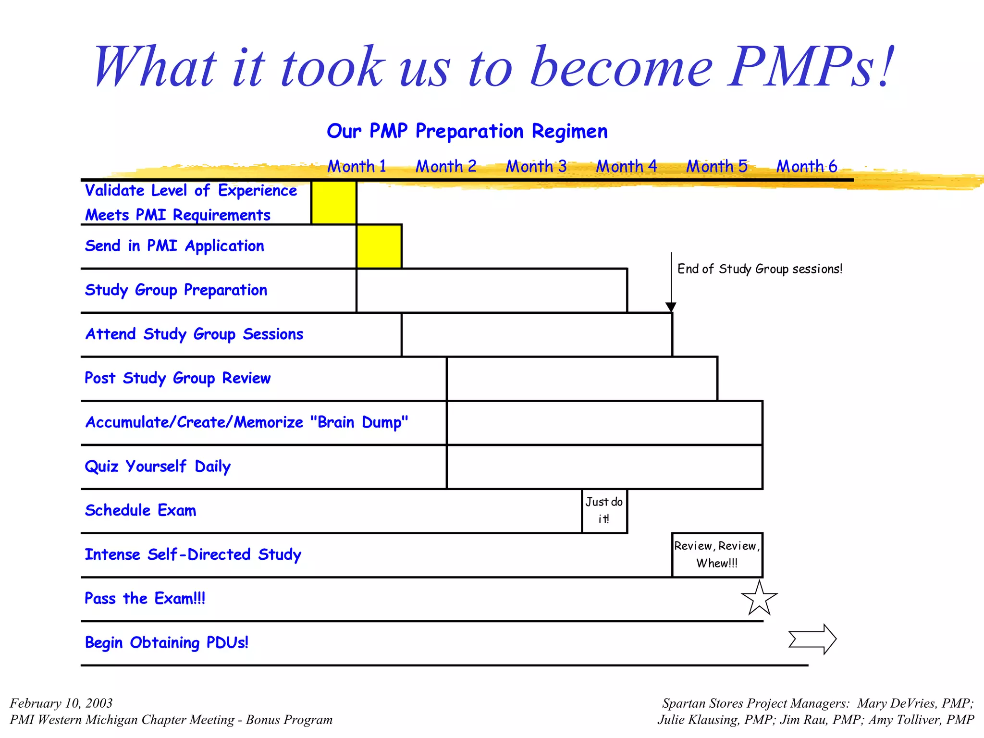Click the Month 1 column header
(357, 166)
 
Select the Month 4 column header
(626, 166)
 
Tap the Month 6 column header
(807, 166)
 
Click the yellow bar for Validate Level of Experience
(334, 202)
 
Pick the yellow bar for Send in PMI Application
(379, 246)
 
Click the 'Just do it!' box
(604, 511)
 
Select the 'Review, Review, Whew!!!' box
(717, 555)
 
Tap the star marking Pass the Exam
(759, 598)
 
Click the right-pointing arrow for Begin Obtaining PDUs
(812, 639)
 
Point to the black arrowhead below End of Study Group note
(671, 307)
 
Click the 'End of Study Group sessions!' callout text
(760, 269)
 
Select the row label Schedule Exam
(140, 510)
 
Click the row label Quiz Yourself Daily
(158, 466)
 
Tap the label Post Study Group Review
(177, 378)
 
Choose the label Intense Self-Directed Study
(193, 554)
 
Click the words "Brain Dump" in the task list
(359, 422)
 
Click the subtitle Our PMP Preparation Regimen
(467, 131)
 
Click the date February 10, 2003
(61, 703)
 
